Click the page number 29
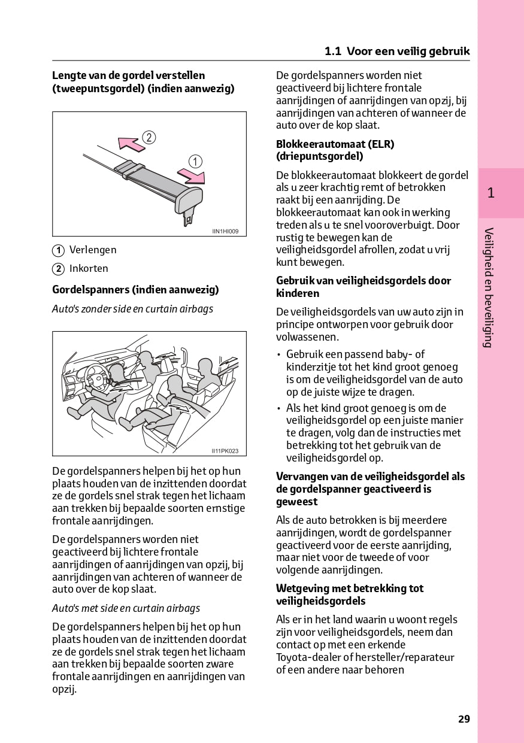pos(464,719)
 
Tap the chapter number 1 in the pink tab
pos(490,193)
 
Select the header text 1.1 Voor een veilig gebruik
pos(397,51)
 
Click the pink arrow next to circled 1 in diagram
pos(192,175)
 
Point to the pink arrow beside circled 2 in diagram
pos(129,143)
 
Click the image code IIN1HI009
pos(229,231)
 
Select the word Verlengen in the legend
pos(93,250)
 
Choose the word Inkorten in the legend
pos(89,268)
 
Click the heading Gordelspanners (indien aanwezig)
pos(135,290)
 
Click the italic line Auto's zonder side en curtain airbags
pos(132,309)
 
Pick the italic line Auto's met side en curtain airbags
pos(126,608)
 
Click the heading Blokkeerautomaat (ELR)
pos(335,144)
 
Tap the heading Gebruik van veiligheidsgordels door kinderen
pos(363,287)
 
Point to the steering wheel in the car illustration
pos(96,377)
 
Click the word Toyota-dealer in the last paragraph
pos(305,657)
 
